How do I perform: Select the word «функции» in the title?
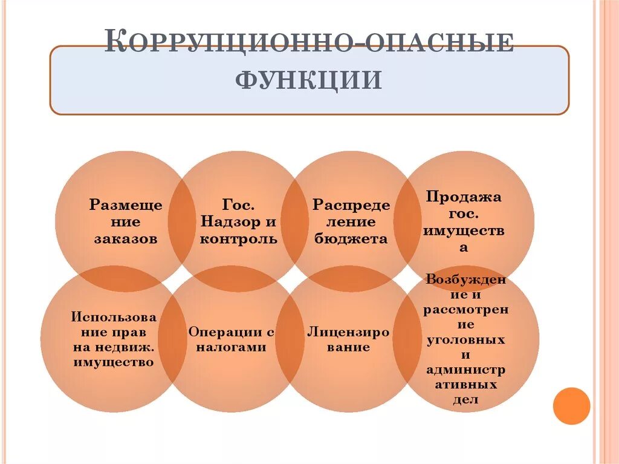(309, 80)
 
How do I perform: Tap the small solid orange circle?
(571, 405)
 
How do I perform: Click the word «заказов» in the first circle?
(126, 238)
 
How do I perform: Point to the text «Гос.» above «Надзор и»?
(238, 204)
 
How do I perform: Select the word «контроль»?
(238, 238)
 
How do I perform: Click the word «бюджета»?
(351, 238)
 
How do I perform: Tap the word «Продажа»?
(464, 197)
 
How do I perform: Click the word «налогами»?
(231, 347)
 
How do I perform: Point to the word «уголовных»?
(465, 339)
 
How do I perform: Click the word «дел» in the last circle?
(465, 399)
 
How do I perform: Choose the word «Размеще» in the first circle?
(126, 205)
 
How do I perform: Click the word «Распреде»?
(351, 205)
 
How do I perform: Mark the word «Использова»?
(114, 317)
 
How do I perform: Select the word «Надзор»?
(224, 221)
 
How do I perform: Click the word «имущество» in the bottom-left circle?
(114, 362)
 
